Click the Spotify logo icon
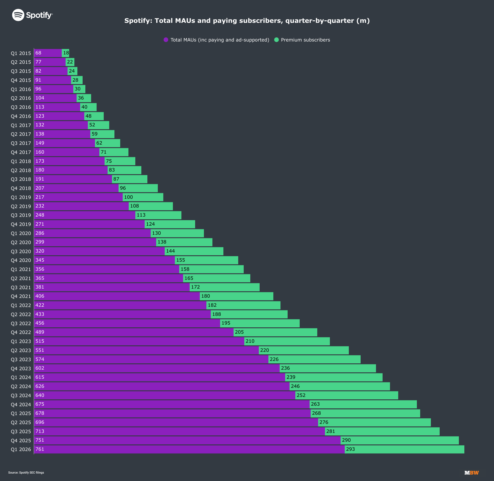pyautogui.click(x=18, y=15)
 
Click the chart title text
pyautogui.click(x=247, y=21)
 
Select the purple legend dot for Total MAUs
pyautogui.click(x=166, y=40)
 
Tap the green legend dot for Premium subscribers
pyautogui.click(x=276, y=40)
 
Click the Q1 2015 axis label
pyautogui.click(x=21, y=53)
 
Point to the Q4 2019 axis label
pyautogui.click(x=21, y=224)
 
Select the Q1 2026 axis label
pyautogui.click(x=21, y=449)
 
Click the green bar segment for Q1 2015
pyautogui.click(x=66, y=53)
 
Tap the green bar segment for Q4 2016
pyautogui.click(x=94, y=116)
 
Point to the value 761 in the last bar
pyautogui.click(x=40, y=449)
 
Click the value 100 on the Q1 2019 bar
pyautogui.click(x=128, y=197)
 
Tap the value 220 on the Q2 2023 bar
pyautogui.click(x=265, y=350)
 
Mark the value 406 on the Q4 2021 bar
pyautogui.click(x=40, y=296)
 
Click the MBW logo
pyautogui.click(x=471, y=473)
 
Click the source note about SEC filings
pyautogui.click(x=26, y=473)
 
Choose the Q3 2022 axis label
pyautogui.click(x=21, y=323)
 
